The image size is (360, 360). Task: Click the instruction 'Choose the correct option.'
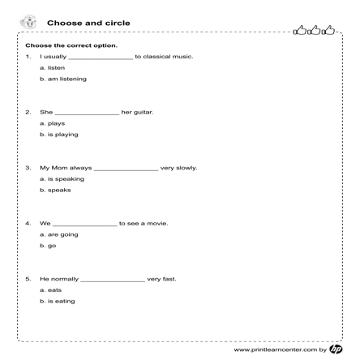pyautogui.click(x=71, y=45)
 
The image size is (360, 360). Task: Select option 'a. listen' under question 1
pyautogui.click(x=52, y=68)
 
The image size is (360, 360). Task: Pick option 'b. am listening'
pyautogui.click(x=62, y=79)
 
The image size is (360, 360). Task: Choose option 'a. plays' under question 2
pyautogui.click(x=52, y=123)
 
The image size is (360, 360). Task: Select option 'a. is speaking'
pyautogui.click(x=62, y=179)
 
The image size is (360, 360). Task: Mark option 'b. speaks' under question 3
pyautogui.click(x=55, y=191)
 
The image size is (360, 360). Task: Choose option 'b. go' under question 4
pyautogui.click(x=48, y=246)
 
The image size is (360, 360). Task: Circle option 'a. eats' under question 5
pyautogui.click(x=50, y=289)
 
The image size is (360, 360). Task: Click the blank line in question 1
pyautogui.click(x=101, y=58)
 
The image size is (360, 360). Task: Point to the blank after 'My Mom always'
pyautogui.click(x=126, y=169)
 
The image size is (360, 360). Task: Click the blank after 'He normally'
pyautogui.click(x=113, y=280)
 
